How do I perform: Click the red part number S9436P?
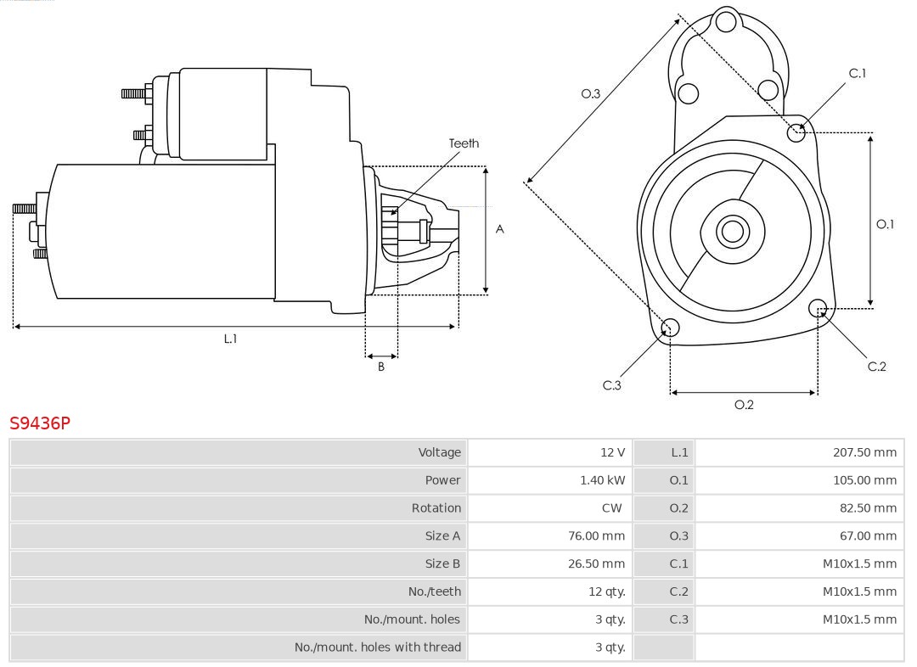pos(40,423)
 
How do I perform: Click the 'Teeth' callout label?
pos(464,143)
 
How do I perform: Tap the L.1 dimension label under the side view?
pos(230,339)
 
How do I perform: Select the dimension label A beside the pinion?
pos(500,229)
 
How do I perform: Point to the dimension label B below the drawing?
pos(381,367)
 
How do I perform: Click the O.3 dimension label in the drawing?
pos(590,93)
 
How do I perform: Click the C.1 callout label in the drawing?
pos(858,73)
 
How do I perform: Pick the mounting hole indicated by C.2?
pos(818,307)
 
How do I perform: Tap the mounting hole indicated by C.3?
pos(670,328)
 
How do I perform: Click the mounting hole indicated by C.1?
pos(796,132)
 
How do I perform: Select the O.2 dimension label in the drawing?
pos(744,405)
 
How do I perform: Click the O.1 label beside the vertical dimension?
pos(885,224)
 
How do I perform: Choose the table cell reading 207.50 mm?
pos(864,452)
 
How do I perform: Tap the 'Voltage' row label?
pos(439,452)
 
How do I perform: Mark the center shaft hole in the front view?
pos(731,231)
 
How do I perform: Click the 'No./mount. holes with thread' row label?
pos(378,647)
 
